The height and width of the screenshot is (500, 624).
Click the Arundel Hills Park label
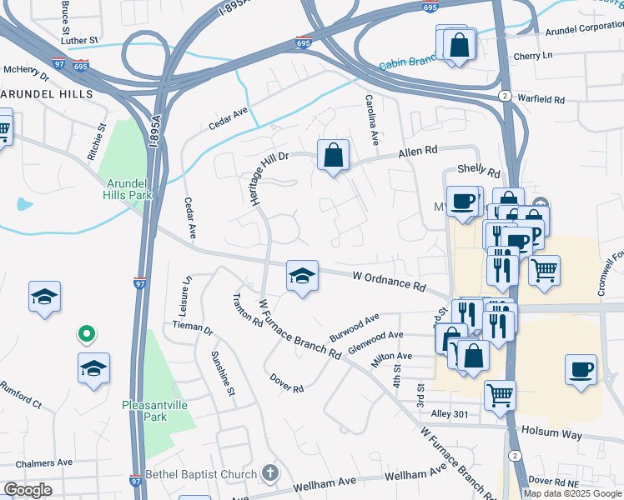pyautogui.click(x=125, y=188)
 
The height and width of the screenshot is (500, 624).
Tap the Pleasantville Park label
pyautogui.click(x=156, y=411)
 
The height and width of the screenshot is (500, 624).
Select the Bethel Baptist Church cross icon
pyautogui.click(x=269, y=474)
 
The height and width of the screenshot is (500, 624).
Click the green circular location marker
pyautogui.click(x=85, y=335)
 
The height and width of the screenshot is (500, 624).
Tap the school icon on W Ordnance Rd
pyautogui.click(x=302, y=277)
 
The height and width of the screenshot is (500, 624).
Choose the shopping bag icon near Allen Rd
pyautogui.click(x=333, y=155)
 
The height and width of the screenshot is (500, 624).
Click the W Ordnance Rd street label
pyautogui.click(x=389, y=279)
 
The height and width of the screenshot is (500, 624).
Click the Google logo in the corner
pyautogui.click(x=28, y=490)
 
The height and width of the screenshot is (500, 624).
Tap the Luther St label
pyautogui.click(x=79, y=39)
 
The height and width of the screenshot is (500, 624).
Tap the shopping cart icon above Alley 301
pyautogui.click(x=500, y=394)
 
